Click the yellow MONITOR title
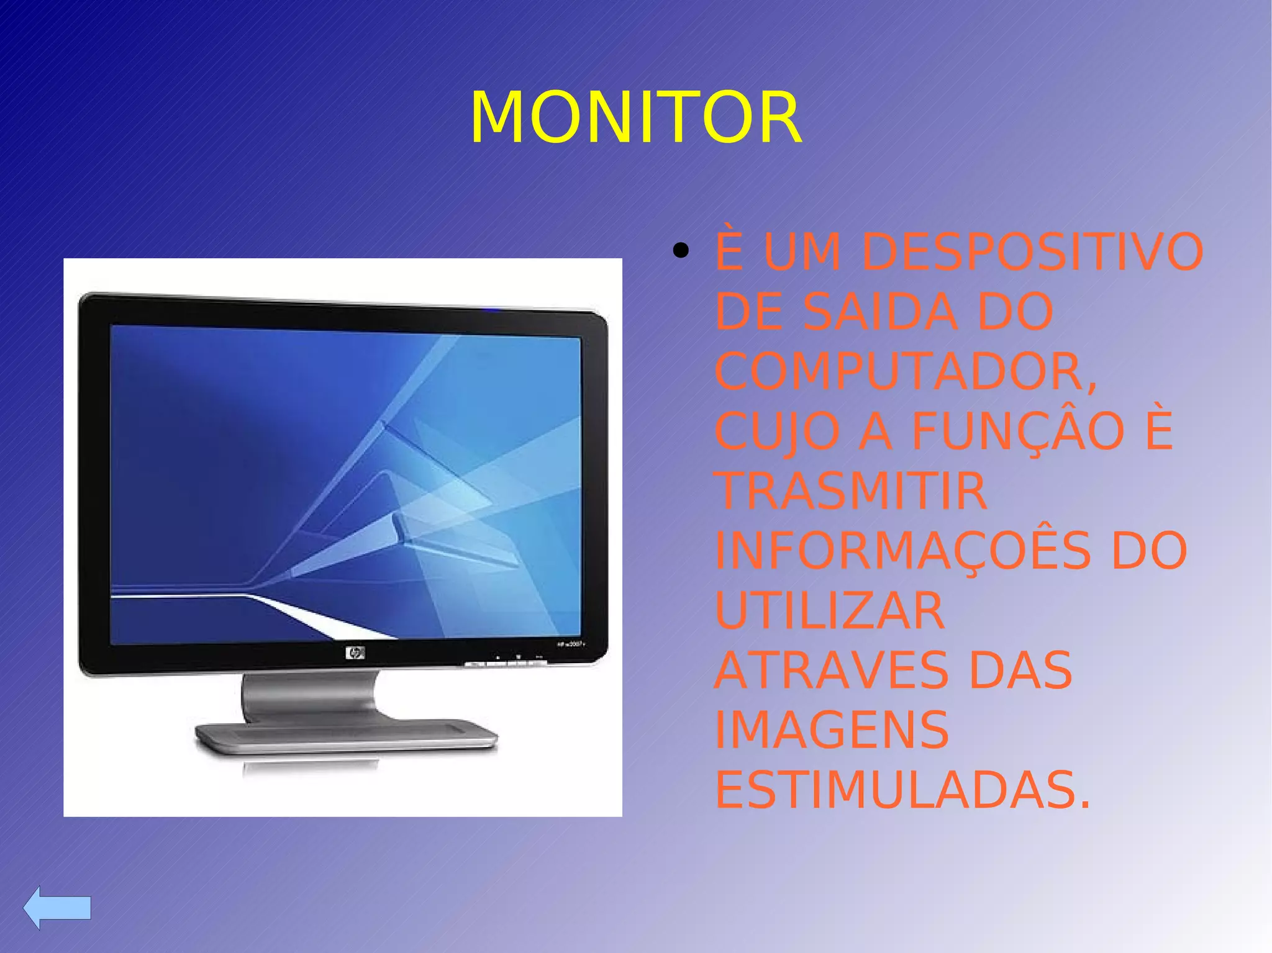(x=636, y=118)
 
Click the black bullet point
(x=681, y=251)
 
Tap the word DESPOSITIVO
(x=1033, y=252)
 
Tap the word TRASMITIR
(x=851, y=491)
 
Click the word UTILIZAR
(x=830, y=611)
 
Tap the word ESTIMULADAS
(x=902, y=790)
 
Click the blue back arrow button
(x=57, y=907)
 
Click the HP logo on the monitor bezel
(x=355, y=653)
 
